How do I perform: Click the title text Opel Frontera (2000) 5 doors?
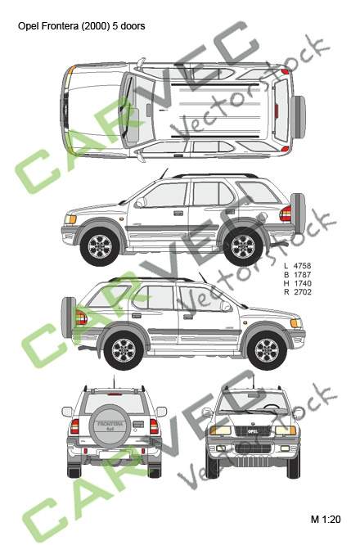pyautogui.click(x=81, y=26)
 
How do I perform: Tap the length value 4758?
pyautogui.click(x=302, y=266)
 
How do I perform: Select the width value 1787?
pyautogui.click(x=302, y=275)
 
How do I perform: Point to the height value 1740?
pyautogui.click(x=302, y=283)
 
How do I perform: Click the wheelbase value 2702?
pyautogui.click(x=302, y=292)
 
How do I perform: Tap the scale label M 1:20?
pyautogui.click(x=326, y=520)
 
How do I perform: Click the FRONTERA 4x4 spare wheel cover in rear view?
pyautogui.click(x=110, y=426)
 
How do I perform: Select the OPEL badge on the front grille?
pyautogui.click(x=252, y=431)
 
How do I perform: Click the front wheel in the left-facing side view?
pyautogui.click(x=100, y=246)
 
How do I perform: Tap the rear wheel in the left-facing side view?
pyautogui.click(x=243, y=246)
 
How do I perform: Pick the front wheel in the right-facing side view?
pyautogui.click(x=267, y=350)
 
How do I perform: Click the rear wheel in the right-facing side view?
pyautogui.click(x=124, y=350)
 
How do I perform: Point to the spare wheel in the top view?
pyautogui.click(x=298, y=117)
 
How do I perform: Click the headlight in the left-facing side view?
pyautogui.click(x=70, y=219)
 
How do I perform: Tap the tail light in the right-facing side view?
pyautogui.click(x=81, y=318)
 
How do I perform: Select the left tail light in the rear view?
pyautogui.click(x=74, y=426)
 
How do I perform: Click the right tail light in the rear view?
pyautogui.click(x=155, y=426)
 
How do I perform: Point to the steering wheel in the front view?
pyautogui.click(x=272, y=406)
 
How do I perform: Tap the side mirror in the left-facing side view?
pyautogui.click(x=141, y=202)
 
